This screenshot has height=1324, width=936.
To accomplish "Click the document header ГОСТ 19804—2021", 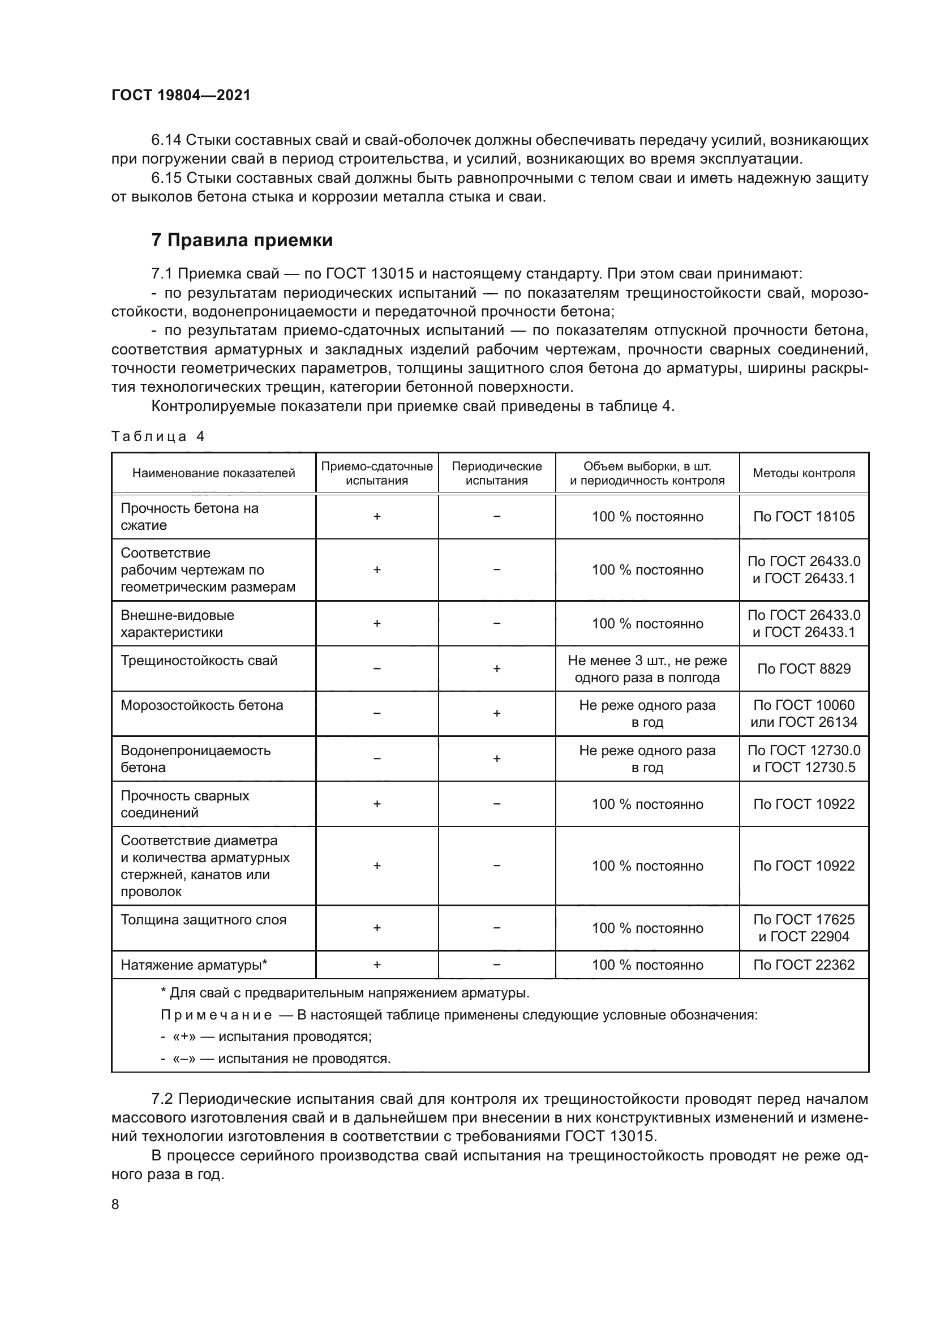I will [x=181, y=95].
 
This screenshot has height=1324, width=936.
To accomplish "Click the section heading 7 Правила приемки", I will [x=242, y=240].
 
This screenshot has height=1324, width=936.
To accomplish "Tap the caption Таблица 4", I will [x=158, y=436].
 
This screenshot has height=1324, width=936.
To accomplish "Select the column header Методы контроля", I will [x=804, y=473].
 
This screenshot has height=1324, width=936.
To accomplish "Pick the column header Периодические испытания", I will [x=496, y=473].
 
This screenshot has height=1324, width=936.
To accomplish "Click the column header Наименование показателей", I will [x=213, y=473].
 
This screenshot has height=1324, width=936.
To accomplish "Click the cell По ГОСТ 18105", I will [x=804, y=517].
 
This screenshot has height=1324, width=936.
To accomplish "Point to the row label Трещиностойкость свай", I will [x=199, y=660].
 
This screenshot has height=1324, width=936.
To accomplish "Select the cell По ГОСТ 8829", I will [x=804, y=669].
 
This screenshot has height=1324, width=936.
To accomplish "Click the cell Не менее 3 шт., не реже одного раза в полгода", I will [x=647, y=669].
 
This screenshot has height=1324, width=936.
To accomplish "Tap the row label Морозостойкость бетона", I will [x=201, y=705].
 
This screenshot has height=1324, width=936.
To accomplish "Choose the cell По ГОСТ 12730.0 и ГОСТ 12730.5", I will [x=804, y=759].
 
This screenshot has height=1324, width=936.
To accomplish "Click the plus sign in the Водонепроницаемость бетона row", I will [x=496, y=759].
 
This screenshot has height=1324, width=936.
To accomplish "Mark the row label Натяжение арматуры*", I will [x=194, y=965].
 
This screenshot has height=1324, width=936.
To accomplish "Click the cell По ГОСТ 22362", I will [x=804, y=965].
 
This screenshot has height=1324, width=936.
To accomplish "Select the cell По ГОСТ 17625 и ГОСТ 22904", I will [x=804, y=928].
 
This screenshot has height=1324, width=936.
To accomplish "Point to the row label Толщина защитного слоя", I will [x=203, y=920].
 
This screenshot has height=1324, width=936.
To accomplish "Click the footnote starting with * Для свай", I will [x=345, y=993].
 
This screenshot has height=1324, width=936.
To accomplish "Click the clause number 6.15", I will [x=166, y=178].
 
